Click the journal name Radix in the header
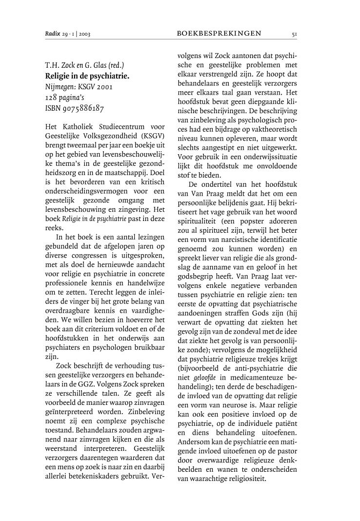[x=52, y=34]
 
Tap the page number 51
[x=294, y=34]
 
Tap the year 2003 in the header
[x=84, y=34]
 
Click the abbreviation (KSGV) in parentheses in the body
[x=150, y=138]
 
